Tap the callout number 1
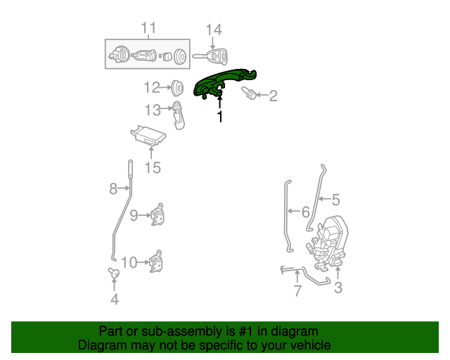(x=220, y=117)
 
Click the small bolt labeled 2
(x=250, y=93)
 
